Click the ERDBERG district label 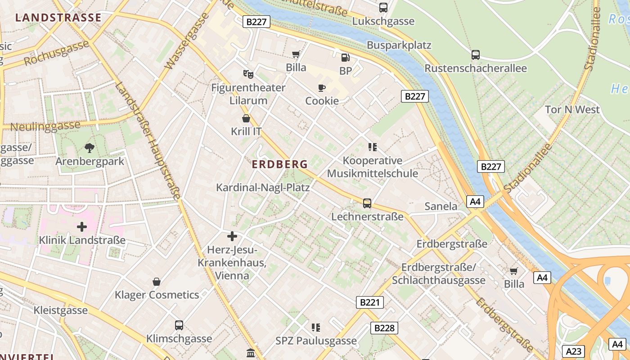(x=279, y=165)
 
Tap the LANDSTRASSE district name (x=58, y=18)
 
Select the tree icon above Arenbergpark (x=90, y=147)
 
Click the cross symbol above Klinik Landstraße (x=82, y=227)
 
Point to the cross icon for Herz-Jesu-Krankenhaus (x=232, y=236)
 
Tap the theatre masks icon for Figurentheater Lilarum (x=248, y=74)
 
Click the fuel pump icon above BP (x=345, y=57)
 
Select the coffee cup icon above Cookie (x=321, y=87)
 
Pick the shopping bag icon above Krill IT (x=246, y=118)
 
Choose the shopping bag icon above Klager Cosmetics (x=157, y=282)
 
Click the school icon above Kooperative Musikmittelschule (x=372, y=147)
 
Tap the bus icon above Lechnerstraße (x=367, y=203)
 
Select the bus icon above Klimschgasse (x=179, y=325)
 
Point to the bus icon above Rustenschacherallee (x=476, y=55)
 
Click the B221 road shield (x=370, y=302)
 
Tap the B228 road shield (x=384, y=328)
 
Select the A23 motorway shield (x=574, y=351)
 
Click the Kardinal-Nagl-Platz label (x=263, y=187)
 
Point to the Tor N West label (x=572, y=109)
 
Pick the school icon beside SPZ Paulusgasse (x=316, y=327)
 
